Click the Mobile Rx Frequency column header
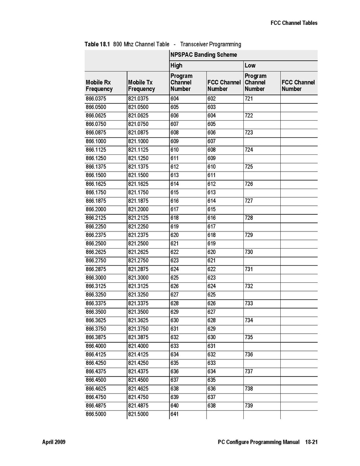pos(99,86)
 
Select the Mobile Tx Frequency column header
pos(142,86)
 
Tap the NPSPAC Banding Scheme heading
pos(203,55)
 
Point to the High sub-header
pos(176,65)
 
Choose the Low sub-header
pos(250,65)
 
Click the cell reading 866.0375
pos(96,99)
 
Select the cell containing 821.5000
pos(138,414)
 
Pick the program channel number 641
pos(175,414)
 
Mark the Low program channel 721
pos(249,99)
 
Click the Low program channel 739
pos(249,406)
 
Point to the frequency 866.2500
pos(96,244)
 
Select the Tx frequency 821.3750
pos(138,329)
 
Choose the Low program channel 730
pos(249,252)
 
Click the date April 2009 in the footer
pos(54,442)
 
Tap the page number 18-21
pos(311,442)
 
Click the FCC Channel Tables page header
pos(294,23)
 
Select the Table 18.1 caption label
pos(97,44)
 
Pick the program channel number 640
pos(175,406)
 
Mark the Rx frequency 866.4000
pos(96,346)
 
